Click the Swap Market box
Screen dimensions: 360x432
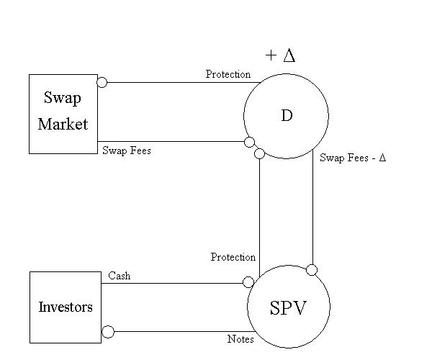63,113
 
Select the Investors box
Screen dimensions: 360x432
65,307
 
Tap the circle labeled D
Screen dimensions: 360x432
286,116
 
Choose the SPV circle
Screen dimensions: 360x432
288,307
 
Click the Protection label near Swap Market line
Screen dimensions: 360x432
228,74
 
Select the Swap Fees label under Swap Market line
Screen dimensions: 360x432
126,151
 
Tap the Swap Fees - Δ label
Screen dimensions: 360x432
353,157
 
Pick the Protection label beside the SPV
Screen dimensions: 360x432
233,257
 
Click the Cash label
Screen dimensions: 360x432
120,276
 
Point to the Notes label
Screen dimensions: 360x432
240,338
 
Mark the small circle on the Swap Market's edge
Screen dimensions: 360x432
102,82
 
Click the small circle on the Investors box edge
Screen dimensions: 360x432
108,332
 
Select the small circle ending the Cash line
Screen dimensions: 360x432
249,282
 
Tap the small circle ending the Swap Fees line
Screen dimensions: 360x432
249,142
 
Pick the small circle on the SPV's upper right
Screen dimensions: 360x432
312,270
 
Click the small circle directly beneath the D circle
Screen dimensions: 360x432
259,153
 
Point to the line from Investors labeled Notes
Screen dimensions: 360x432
180,332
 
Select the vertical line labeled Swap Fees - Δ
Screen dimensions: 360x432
312,209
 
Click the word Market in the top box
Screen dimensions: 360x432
63,124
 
